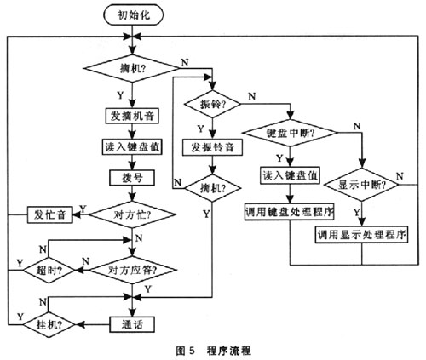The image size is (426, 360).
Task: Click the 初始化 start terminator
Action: [134, 14]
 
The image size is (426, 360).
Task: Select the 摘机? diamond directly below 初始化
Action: [132, 68]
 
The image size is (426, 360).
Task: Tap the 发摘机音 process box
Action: [132, 116]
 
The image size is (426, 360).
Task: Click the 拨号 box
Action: [132, 178]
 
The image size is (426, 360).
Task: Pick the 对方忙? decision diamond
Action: [132, 214]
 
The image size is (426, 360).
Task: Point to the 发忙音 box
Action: [50, 214]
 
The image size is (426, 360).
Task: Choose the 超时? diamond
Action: [49, 270]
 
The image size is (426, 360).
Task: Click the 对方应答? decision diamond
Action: [132, 270]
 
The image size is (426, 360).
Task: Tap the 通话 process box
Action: [132, 324]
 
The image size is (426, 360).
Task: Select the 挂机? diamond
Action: [49, 324]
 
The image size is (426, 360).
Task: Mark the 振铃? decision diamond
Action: [212, 104]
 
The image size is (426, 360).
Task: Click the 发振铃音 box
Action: [212, 147]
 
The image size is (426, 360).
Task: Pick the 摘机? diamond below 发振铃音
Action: [212, 188]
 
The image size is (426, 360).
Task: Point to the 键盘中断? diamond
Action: [291, 133]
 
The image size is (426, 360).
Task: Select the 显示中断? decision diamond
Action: [362, 185]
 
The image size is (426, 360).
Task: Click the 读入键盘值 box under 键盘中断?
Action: [290, 175]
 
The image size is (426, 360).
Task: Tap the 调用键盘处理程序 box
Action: [290, 212]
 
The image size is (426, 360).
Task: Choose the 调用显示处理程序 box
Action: [362, 235]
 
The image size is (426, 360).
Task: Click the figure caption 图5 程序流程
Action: [214, 351]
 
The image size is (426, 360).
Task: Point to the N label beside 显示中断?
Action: [400, 176]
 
